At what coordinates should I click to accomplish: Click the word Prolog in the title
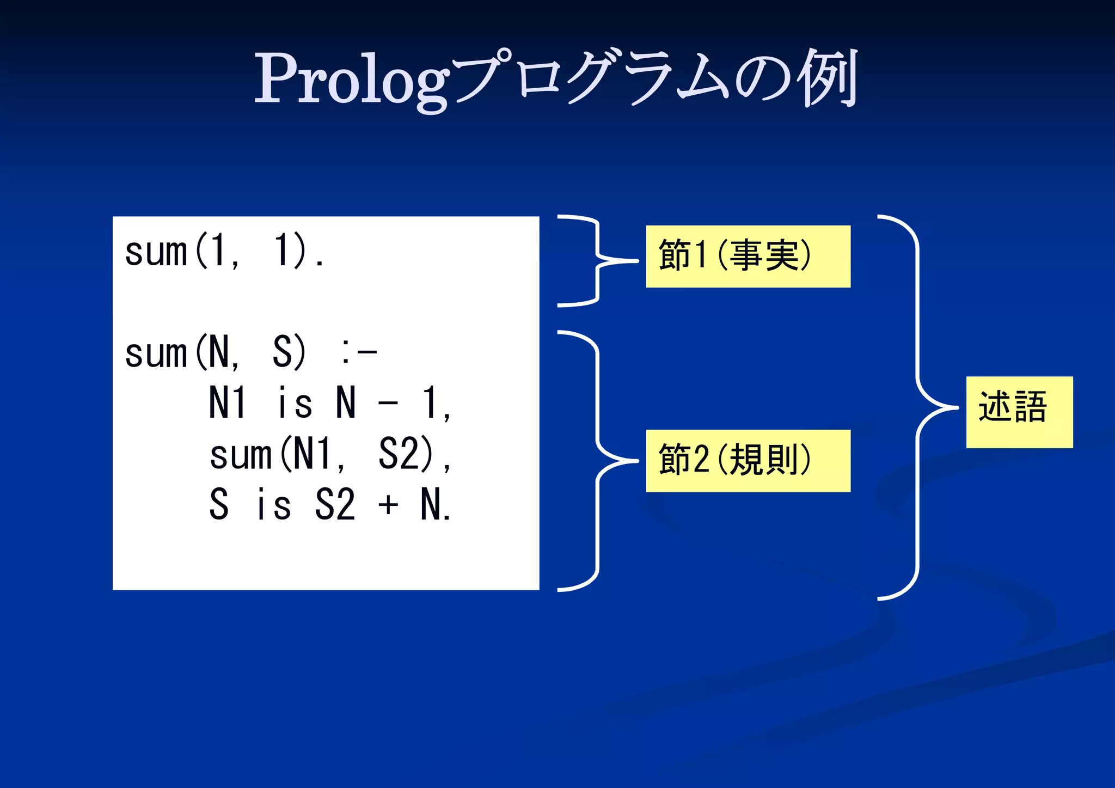click(351, 79)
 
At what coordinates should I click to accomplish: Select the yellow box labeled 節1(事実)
click(748, 256)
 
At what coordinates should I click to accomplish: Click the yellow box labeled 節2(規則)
click(748, 461)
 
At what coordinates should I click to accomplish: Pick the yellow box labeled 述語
click(1019, 412)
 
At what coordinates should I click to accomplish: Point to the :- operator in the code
click(359, 352)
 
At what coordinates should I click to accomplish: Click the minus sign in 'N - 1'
click(388, 404)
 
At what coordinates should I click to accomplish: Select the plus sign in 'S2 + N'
click(388, 505)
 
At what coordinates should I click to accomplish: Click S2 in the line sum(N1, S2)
click(399, 454)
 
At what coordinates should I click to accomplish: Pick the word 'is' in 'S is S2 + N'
click(274, 505)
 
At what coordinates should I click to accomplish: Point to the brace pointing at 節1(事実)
click(598, 261)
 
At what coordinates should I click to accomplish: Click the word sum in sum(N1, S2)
click(240, 454)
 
